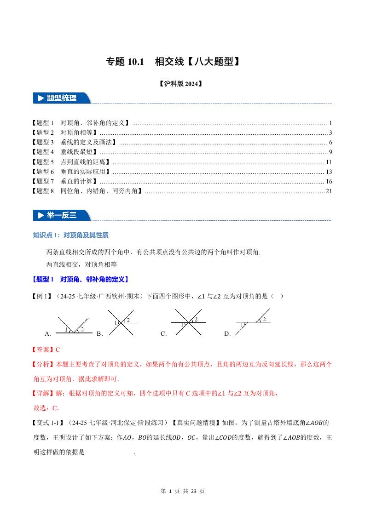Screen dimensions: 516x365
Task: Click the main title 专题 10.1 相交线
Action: pyautogui.click(x=173, y=62)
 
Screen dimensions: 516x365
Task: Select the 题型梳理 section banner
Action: pyautogui.click(x=62, y=98)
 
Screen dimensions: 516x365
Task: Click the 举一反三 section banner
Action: pyautogui.click(x=62, y=215)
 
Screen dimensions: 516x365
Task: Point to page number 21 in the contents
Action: pyautogui.click(x=329, y=191)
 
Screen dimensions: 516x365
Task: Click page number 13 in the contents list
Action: pyautogui.click(x=329, y=172)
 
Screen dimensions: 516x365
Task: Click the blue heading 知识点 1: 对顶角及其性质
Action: pyautogui.click(x=71, y=235)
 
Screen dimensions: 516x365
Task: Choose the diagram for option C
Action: pyautogui.click(x=186, y=323)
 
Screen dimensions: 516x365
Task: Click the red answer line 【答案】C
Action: pyautogui.click(x=46, y=350)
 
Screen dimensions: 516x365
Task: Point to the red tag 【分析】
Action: pyautogui.click(x=43, y=364)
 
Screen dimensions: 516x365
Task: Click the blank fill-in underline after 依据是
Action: pyautogui.click(x=109, y=453)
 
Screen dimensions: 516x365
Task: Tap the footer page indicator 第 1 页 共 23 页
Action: pyautogui.click(x=183, y=491)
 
